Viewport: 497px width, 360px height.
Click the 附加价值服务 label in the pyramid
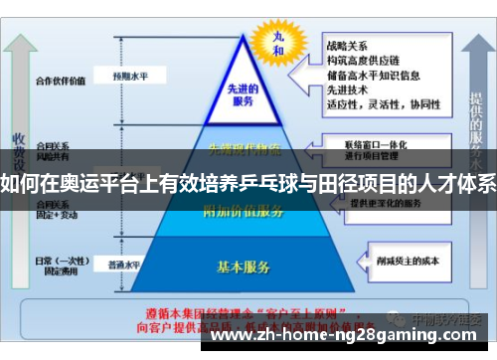[x=244, y=211]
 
